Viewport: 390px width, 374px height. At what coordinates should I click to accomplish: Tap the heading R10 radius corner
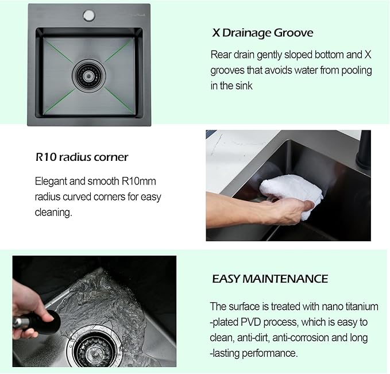click(x=82, y=157)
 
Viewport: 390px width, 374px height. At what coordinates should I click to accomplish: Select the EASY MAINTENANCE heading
click(x=270, y=279)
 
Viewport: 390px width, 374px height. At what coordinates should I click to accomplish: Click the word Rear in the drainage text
click(x=222, y=55)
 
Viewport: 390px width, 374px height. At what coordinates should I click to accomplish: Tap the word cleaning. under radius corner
click(x=53, y=212)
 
